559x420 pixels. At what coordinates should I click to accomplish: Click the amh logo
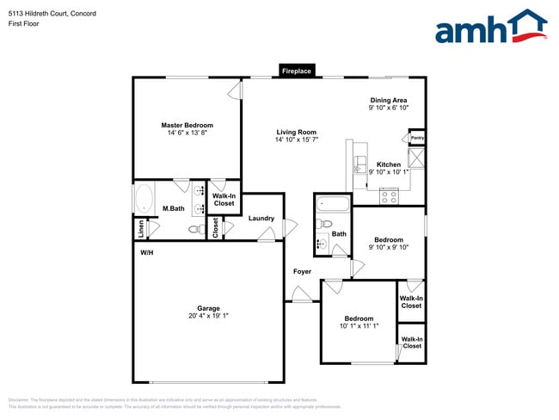[490, 28]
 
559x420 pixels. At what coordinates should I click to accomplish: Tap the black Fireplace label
[297, 71]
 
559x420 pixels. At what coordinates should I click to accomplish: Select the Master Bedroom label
[187, 126]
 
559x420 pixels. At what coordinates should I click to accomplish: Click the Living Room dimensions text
[297, 139]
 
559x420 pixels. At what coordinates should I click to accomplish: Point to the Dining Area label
[389, 100]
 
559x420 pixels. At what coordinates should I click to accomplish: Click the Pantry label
[417, 138]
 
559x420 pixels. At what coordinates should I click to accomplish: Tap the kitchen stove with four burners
[389, 195]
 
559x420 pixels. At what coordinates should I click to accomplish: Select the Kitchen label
[389, 164]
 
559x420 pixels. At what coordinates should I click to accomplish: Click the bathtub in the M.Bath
[143, 198]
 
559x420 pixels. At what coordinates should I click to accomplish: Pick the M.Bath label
[174, 209]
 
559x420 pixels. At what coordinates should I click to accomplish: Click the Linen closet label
[139, 228]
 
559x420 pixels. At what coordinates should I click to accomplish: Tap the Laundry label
[261, 219]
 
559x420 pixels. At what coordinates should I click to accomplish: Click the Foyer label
[302, 272]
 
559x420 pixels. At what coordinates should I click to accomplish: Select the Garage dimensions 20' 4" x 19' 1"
[208, 316]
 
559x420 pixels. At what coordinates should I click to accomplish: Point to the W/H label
[147, 254]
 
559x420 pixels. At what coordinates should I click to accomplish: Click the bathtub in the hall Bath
[333, 205]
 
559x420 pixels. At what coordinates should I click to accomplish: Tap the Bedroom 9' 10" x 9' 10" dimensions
[389, 247]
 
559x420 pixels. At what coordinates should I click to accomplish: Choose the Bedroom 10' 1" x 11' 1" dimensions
[359, 326]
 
